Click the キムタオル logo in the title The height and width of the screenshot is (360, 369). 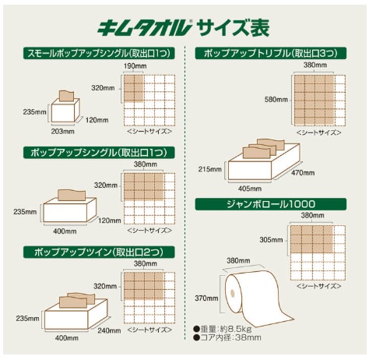coord(144,28)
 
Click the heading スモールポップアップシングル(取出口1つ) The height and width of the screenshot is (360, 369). coord(99,53)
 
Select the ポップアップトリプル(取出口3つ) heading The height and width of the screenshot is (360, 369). coord(271,53)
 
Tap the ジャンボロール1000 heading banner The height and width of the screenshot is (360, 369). coord(271,204)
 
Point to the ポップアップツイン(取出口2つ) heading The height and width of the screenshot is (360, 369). coord(99,252)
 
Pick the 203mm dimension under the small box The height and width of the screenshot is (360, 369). coord(62,131)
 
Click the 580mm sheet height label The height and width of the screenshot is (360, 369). coord(276,100)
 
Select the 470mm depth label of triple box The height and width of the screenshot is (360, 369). coord(303,173)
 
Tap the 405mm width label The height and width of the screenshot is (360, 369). coord(250,189)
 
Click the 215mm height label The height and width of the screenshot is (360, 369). coord(210,169)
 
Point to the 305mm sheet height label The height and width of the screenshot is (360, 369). coord(271,240)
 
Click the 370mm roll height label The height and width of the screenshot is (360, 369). coord(206,298)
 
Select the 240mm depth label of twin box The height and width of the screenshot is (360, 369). coord(109,330)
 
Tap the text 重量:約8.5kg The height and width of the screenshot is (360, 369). coord(223,330)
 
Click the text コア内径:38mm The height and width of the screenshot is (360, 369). coord(227,337)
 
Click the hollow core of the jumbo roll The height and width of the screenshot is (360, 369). coord(233,293)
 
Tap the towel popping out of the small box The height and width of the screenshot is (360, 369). coord(67,96)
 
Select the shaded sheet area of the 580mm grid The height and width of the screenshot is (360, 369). coord(314,101)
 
